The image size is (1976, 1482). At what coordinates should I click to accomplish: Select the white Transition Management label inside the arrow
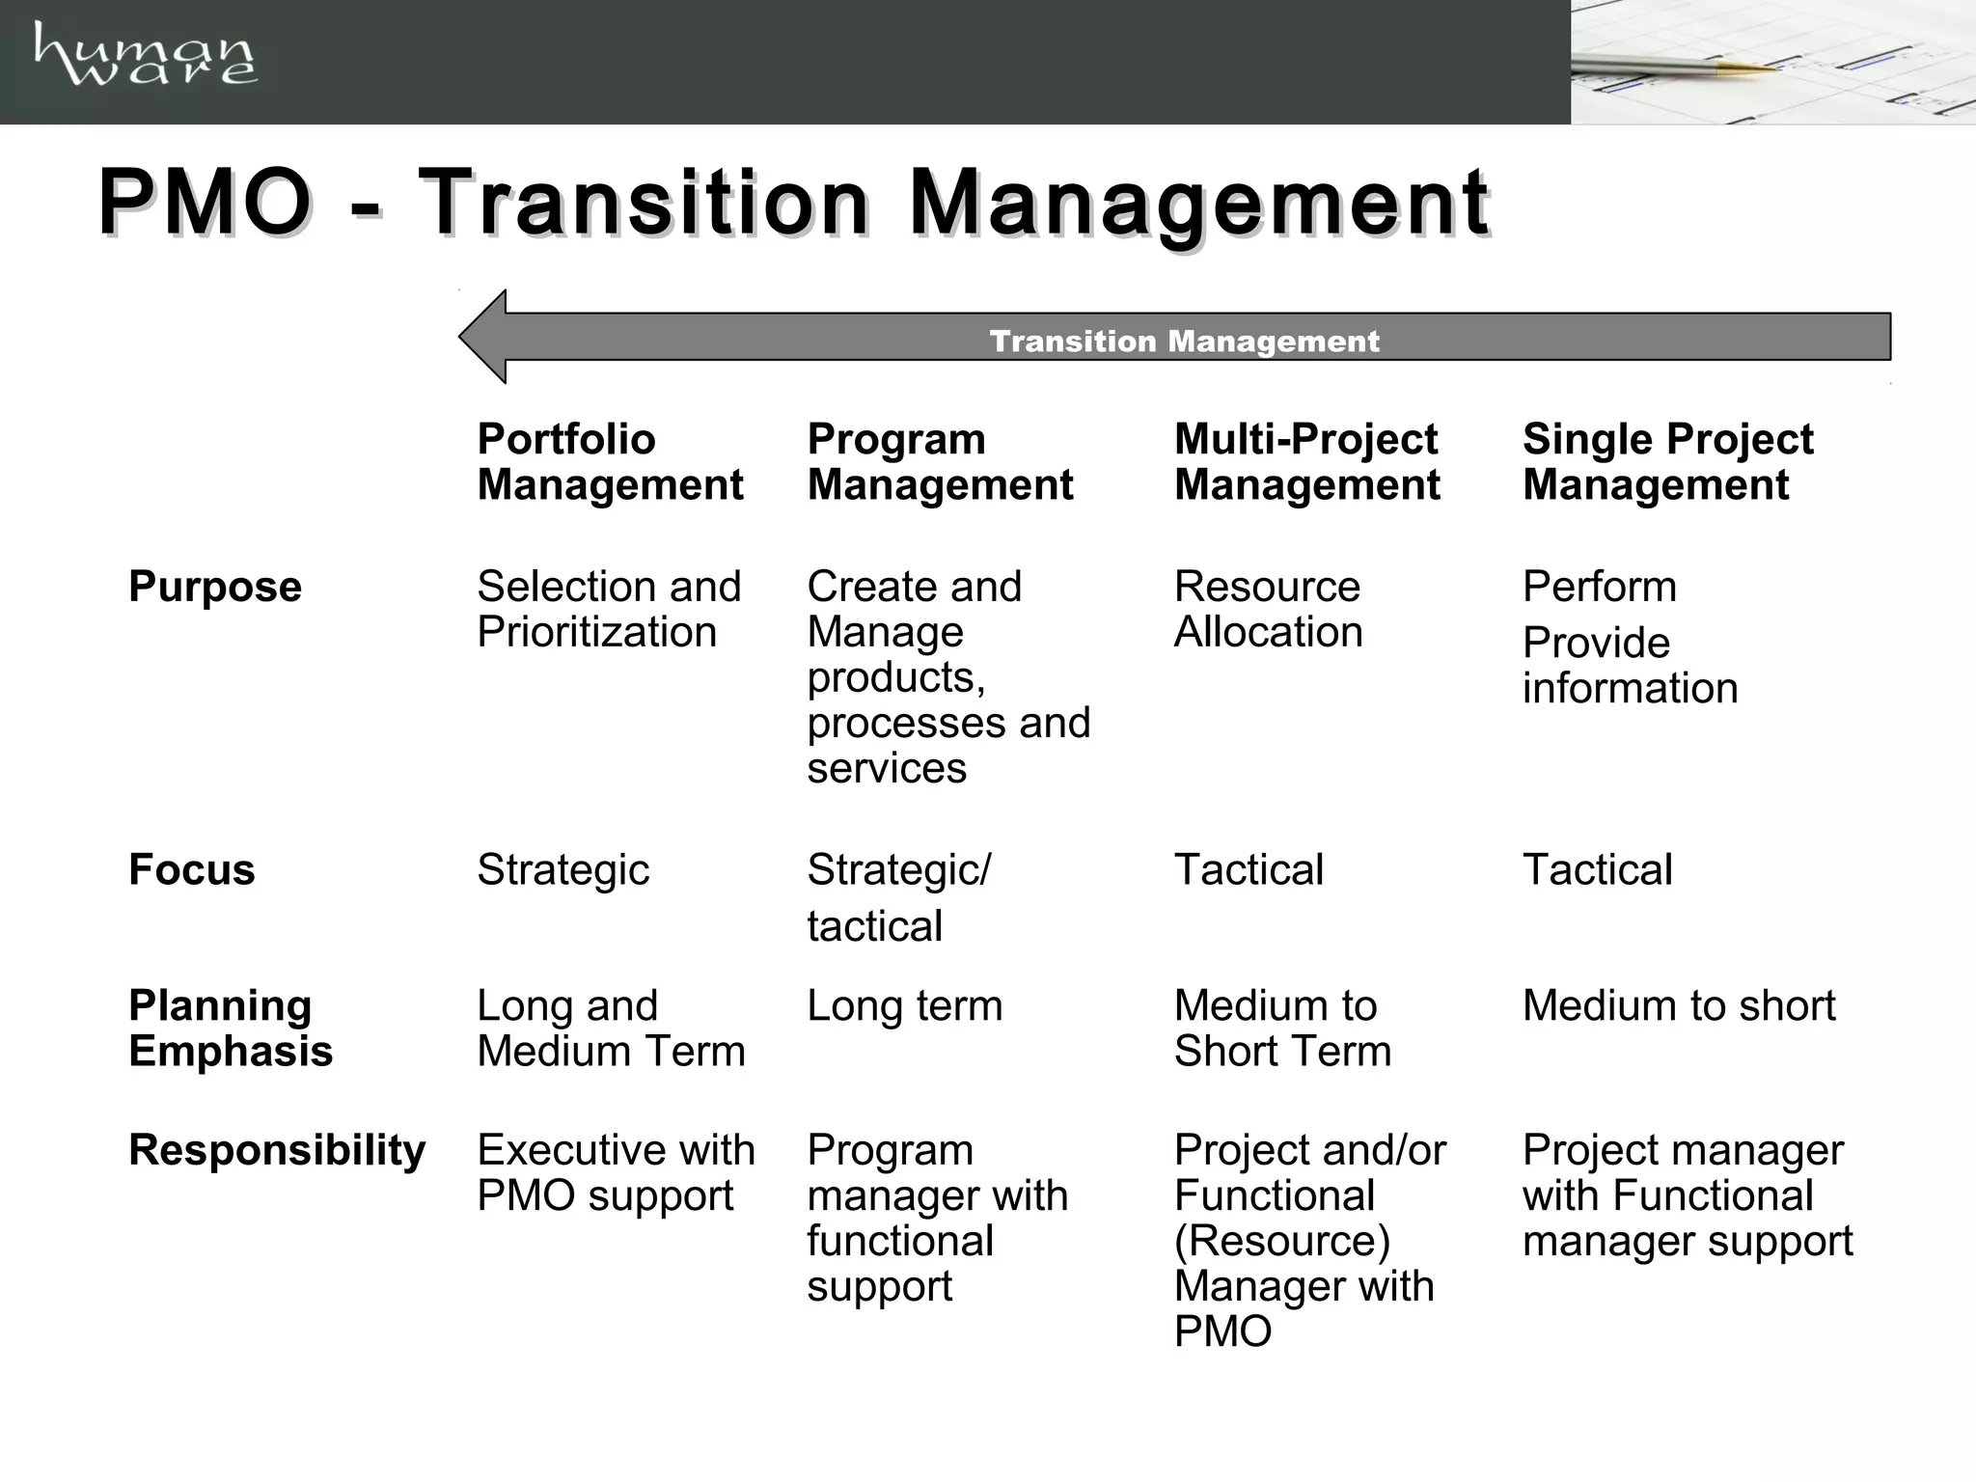(1184, 341)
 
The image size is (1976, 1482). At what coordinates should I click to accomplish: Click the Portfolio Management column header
(610, 461)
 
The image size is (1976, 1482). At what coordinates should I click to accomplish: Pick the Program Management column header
(940, 461)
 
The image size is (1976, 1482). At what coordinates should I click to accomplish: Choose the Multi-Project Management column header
(1306, 461)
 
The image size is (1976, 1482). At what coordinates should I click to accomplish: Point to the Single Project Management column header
(1667, 461)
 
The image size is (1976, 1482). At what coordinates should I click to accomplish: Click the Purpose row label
(215, 587)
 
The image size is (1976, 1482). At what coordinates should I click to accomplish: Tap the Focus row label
(192, 869)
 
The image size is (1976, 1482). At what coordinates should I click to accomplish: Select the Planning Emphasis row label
(231, 1028)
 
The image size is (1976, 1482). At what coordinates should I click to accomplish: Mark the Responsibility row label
(277, 1150)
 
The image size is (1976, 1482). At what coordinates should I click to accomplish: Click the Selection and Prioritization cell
(609, 609)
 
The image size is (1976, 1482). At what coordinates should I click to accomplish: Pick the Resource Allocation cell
(1268, 609)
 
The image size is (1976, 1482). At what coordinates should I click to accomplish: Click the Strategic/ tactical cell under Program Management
(898, 897)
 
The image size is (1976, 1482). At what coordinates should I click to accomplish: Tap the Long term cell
(904, 1005)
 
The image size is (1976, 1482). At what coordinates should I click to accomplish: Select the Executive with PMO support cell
(616, 1172)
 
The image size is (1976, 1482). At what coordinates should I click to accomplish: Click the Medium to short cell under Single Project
(1679, 1005)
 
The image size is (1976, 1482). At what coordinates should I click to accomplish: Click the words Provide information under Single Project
(1630, 665)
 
